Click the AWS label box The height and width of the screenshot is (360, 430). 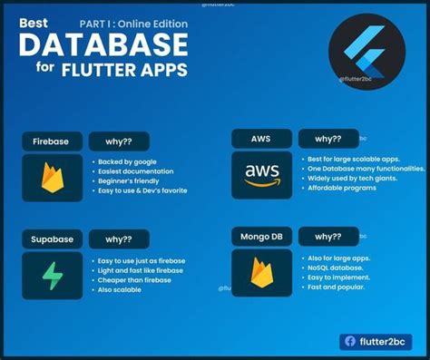(x=261, y=139)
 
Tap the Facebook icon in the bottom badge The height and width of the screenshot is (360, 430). (x=349, y=342)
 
